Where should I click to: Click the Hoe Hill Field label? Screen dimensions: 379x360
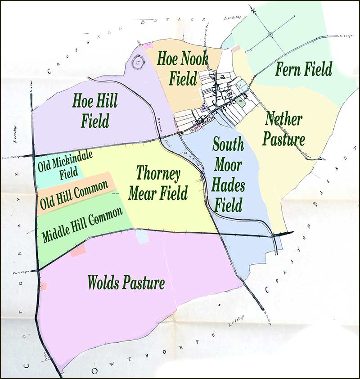tap(95, 111)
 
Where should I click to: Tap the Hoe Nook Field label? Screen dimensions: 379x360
tap(182, 68)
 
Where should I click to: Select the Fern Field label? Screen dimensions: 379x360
tap(304, 69)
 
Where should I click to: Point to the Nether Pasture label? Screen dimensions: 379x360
tap(283, 129)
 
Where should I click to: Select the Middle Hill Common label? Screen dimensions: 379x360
tap(82, 225)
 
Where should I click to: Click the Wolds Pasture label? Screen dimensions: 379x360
tap(126, 283)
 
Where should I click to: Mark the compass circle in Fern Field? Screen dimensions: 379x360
tap(270, 34)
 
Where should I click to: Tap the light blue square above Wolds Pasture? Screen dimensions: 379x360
tap(142, 237)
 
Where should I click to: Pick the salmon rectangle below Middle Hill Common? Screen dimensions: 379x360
tap(78, 250)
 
